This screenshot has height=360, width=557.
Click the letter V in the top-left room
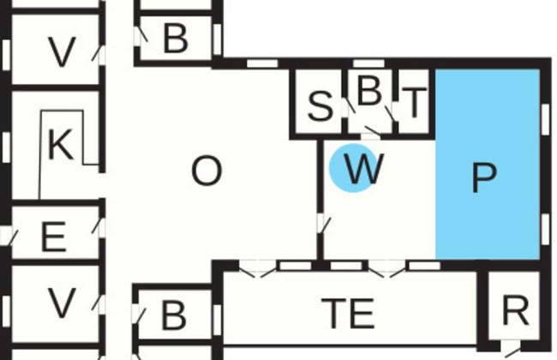61,53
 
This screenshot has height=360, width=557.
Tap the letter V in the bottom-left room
61,303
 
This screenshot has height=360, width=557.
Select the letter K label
59,146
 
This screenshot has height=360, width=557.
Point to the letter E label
53,236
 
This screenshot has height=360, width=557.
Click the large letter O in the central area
206,172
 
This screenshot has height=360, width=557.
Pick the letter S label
319,107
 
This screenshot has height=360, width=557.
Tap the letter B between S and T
368,93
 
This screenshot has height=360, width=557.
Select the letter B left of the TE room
173,315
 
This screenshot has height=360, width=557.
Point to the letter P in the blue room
484,177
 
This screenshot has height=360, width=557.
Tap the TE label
349,314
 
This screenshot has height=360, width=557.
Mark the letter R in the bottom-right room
514,313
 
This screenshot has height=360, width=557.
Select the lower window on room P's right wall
545,225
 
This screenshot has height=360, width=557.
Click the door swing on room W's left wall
324,225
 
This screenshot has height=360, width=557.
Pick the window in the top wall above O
261,63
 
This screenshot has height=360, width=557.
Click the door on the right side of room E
98,227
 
